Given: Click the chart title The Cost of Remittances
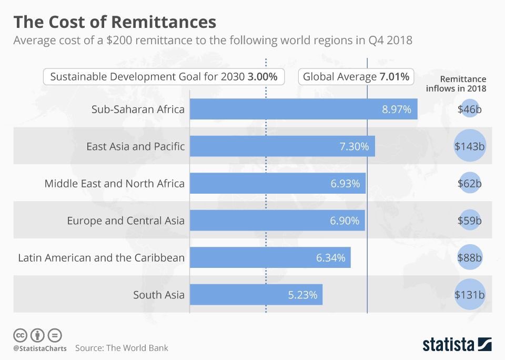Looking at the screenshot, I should pyautogui.click(x=114, y=22).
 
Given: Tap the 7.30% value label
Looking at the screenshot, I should pyautogui.click(x=354, y=146).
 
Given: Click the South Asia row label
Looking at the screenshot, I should pyautogui.click(x=158, y=295).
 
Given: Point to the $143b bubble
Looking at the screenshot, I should pyautogui.click(x=469, y=146).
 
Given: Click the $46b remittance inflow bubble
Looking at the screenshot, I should pyautogui.click(x=469, y=109).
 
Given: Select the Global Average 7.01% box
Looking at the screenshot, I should pyautogui.click(x=356, y=77).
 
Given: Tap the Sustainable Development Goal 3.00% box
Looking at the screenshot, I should pyautogui.click(x=164, y=77).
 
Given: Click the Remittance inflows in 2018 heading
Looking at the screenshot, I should pyautogui.click(x=456, y=83).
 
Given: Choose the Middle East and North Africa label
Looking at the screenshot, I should pyautogui.click(x=114, y=184).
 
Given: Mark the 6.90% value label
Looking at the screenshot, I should pyautogui.click(x=345, y=221).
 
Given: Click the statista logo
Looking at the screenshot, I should pyautogui.click(x=457, y=345).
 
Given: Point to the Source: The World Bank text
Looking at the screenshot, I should pyautogui.click(x=122, y=348).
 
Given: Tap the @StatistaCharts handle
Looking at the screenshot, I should pyautogui.click(x=39, y=348).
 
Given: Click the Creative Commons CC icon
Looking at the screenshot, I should pyautogui.click(x=20, y=335).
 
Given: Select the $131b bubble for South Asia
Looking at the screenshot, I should pyautogui.click(x=469, y=295).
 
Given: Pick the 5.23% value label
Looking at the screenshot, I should pyautogui.click(x=302, y=295).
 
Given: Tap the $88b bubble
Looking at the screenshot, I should pyautogui.click(x=469, y=258).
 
